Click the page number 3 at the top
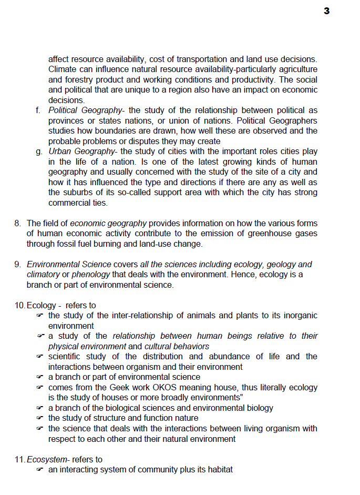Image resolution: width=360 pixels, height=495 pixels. pyautogui.click(x=326, y=11)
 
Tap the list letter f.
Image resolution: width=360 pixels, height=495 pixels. pyautogui.click(x=37, y=110)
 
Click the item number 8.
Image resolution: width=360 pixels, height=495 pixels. pyautogui.click(x=17, y=224)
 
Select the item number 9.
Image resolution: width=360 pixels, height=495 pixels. pyautogui.click(x=17, y=265)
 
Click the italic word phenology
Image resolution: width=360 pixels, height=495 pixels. pyautogui.click(x=90, y=275)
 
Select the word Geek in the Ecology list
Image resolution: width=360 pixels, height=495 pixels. pyautogui.click(x=138, y=387)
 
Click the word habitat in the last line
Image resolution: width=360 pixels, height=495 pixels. pyautogui.click(x=218, y=469)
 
